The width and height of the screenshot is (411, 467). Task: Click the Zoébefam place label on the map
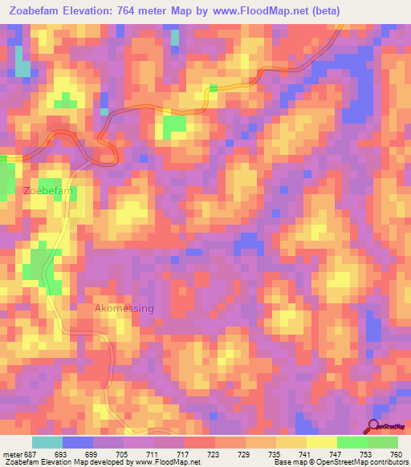point(49,191)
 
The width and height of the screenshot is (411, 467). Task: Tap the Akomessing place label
point(124,308)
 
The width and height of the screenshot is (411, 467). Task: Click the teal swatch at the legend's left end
point(47,443)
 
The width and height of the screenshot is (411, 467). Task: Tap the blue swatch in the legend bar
point(78,443)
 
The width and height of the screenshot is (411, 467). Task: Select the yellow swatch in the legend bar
point(322,443)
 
